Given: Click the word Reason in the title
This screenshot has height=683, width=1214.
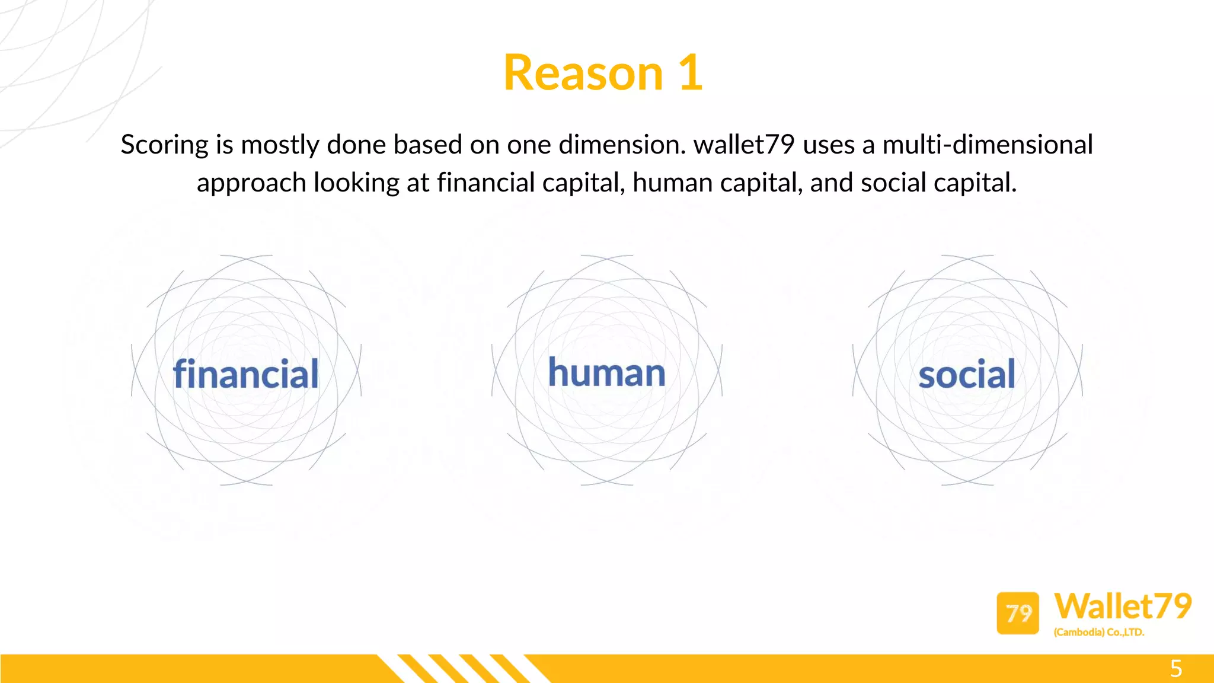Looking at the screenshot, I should [x=583, y=73].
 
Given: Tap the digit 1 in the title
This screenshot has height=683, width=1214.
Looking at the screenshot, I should [x=691, y=73].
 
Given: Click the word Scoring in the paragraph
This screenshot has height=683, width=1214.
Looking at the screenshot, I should [x=165, y=145].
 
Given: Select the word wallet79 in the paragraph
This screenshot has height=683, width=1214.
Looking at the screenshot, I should [x=744, y=145].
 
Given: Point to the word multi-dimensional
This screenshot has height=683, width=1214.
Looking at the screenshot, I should [x=988, y=145].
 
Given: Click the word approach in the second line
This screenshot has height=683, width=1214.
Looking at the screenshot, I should [x=251, y=183].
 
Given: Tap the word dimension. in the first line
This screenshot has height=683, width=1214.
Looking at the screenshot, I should [x=622, y=145].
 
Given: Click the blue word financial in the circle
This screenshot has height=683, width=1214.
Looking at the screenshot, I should [x=245, y=374].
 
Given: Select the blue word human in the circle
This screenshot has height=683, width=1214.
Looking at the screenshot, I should [x=606, y=373].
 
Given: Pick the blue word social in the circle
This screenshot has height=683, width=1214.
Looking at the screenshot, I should [x=967, y=375].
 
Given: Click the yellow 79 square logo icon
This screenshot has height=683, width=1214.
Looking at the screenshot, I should [x=1018, y=613].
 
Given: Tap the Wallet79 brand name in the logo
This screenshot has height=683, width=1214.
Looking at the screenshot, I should [x=1123, y=607].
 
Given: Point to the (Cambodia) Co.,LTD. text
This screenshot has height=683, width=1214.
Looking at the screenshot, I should [x=1098, y=633].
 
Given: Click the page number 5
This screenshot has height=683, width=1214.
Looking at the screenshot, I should [x=1176, y=669].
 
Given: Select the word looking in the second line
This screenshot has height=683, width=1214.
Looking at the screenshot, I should [x=356, y=183].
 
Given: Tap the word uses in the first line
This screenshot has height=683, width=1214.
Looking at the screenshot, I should [x=828, y=145].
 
